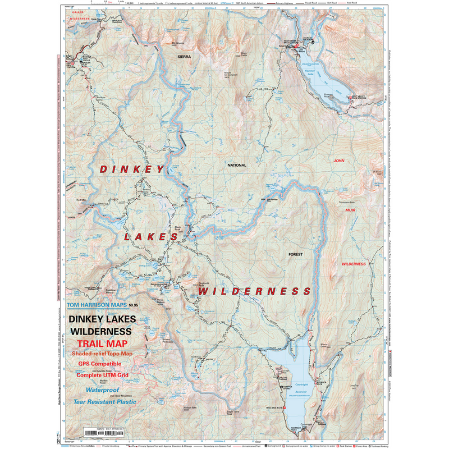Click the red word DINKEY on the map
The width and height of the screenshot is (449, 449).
132,169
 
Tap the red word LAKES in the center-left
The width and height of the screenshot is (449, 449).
150,237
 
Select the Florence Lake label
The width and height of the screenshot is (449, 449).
309,72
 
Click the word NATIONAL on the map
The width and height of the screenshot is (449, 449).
237,166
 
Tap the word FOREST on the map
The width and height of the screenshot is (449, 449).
296,254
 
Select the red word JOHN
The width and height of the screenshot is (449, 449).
338,161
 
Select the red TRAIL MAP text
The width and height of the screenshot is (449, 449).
102,343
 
